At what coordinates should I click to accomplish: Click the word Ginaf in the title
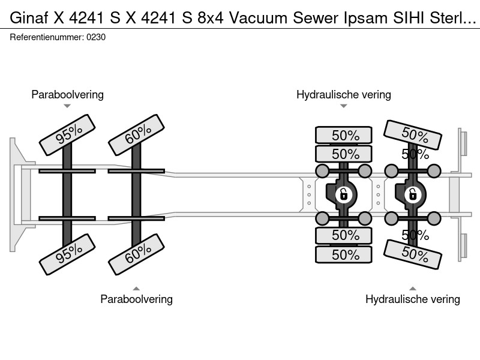(29, 18)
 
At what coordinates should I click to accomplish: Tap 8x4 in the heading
(211, 18)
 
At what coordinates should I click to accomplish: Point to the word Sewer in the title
(316, 18)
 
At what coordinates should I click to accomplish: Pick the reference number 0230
(96, 37)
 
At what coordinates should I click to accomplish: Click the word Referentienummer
(47, 37)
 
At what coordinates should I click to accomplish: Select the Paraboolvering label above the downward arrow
(67, 95)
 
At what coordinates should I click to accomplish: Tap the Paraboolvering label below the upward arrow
(137, 299)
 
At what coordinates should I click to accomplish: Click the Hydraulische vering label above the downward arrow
(344, 95)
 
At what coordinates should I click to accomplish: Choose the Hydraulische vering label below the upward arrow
(413, 299)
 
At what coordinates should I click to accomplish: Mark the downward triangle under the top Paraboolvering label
(67, 106)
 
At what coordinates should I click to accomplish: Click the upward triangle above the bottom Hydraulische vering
(413, 289)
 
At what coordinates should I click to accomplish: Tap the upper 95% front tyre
(67, 135)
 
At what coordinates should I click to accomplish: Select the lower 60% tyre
(137, 254)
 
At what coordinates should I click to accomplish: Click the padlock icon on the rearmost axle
(413, 194)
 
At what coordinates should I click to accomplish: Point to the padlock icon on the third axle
(343, 194)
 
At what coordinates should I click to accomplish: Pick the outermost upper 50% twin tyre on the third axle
(344, 135)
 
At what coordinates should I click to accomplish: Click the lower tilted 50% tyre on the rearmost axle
(413, 254)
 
